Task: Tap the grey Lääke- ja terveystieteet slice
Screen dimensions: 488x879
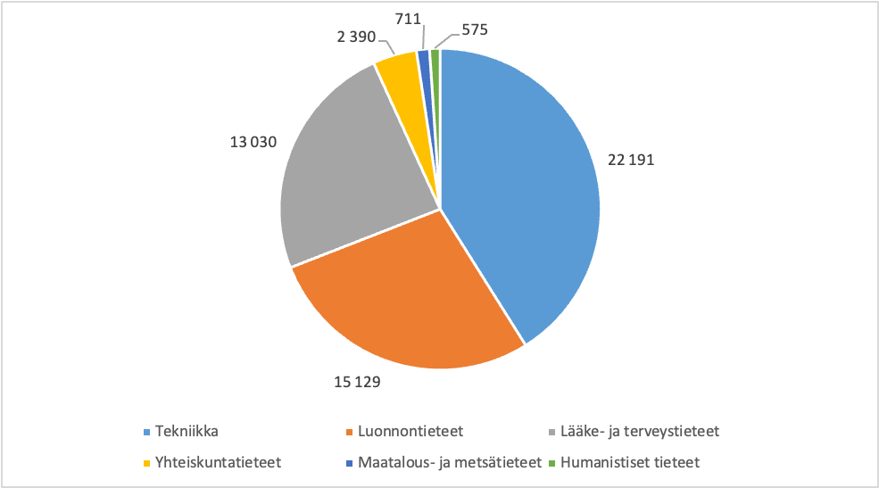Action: coord(348,178)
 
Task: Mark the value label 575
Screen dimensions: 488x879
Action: coord(473,30)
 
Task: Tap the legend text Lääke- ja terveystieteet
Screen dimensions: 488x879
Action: coord(638,432)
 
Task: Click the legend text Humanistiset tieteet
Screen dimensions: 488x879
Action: coord(630,463)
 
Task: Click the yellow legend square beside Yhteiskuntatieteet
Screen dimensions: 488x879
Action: coord(145,463)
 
